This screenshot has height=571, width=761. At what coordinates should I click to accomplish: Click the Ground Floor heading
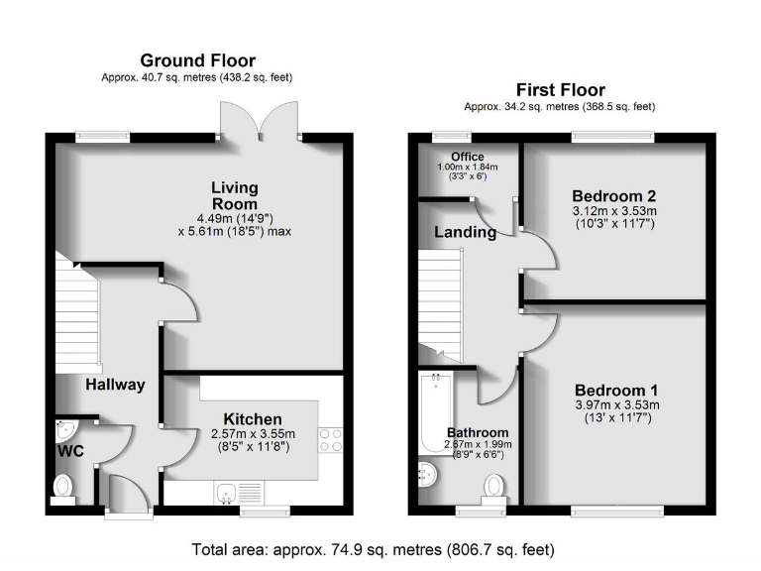pyautogui.click(x=197, y=60)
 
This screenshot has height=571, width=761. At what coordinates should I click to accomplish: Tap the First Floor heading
pyautogui.click(x=560, y=89)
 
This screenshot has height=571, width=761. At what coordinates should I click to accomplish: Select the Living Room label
pyautogui.click(x=234, y=195)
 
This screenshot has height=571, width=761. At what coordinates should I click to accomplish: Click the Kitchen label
pyautogui.click(x=252, y=419)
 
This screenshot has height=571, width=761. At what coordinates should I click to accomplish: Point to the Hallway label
pyautogui.click(x=115, y=385)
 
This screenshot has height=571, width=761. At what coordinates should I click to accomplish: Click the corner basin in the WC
pyautogui.click(x=64, y=430)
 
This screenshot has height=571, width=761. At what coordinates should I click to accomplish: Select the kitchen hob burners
pyautogui.click(x=331, y=440)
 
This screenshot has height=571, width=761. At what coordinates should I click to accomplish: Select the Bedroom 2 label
pyautogui.click(x=613, y=195)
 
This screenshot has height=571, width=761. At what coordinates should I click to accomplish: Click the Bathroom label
pyautogui.click(x=478, y=432)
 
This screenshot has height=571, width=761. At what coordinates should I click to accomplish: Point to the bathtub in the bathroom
pyautogui.click(x=433, y=410)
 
